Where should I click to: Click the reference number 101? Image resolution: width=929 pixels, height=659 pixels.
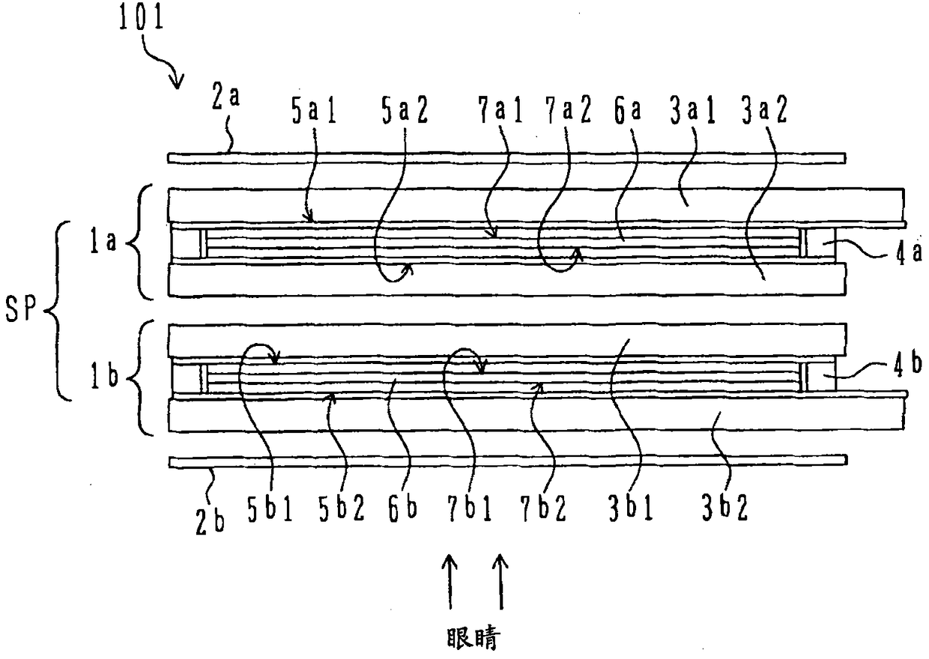[141, 16]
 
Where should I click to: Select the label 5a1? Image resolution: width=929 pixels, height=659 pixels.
[314, 111]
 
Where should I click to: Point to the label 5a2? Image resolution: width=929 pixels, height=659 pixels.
[405, 111]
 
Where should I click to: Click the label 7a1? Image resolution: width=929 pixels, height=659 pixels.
[500, 111]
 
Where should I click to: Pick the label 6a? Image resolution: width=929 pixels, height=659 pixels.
[628, 111]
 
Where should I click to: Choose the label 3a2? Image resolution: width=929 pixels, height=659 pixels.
[764, 111]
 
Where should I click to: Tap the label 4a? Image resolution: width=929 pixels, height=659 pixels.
[909, 253]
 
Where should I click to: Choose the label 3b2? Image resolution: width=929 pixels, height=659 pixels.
[724, 508]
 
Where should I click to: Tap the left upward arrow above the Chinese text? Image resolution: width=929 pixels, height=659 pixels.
[450, 583]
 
